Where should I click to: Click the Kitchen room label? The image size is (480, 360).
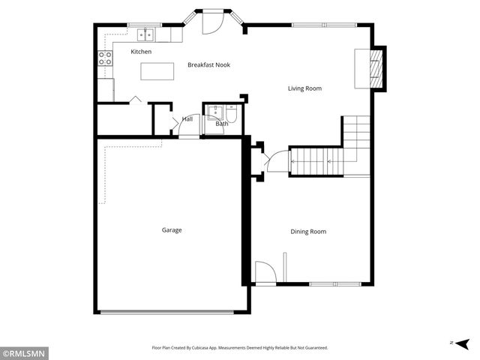[141, 52]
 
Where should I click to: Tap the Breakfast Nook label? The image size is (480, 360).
[208, 65]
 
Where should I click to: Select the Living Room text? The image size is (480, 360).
[304, 88]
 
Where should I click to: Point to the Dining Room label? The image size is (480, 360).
[308, 232]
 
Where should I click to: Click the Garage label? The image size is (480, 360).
[172, 230]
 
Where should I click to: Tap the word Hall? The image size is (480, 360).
[187, 119]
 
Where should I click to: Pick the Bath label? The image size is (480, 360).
[222, 124]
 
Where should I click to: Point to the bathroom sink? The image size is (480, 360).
[214, 112]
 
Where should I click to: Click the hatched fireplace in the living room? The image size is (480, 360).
[379, 69]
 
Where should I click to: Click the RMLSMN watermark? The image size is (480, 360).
[24, 353]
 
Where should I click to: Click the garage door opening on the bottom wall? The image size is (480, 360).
[172, 312]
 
